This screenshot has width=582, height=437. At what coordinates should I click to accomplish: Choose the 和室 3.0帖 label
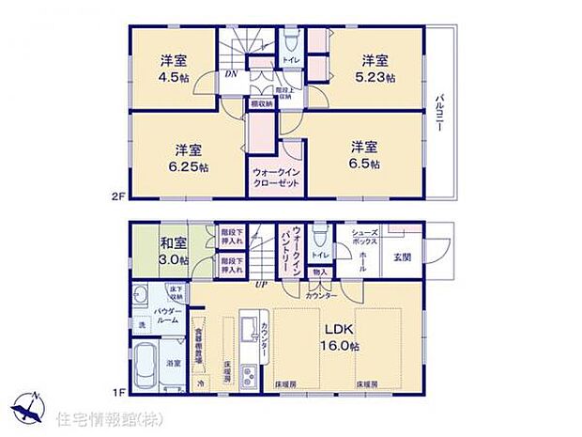pos(174,250)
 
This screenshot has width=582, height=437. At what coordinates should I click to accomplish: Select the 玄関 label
pos(402,257)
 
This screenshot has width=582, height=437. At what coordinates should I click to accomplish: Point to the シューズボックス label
pos(364,238)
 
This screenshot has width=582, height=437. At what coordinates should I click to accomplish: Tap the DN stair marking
pos(229,74)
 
